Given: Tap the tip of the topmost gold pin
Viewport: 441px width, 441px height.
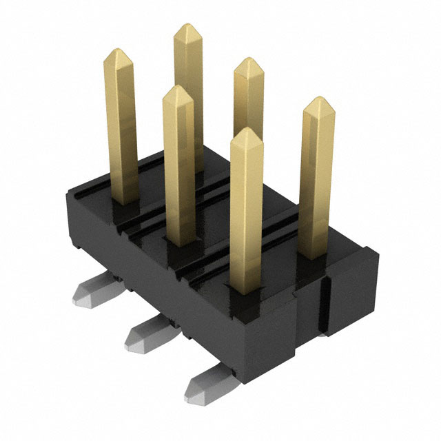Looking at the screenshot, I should pyautogui.click(x=187, y=26).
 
